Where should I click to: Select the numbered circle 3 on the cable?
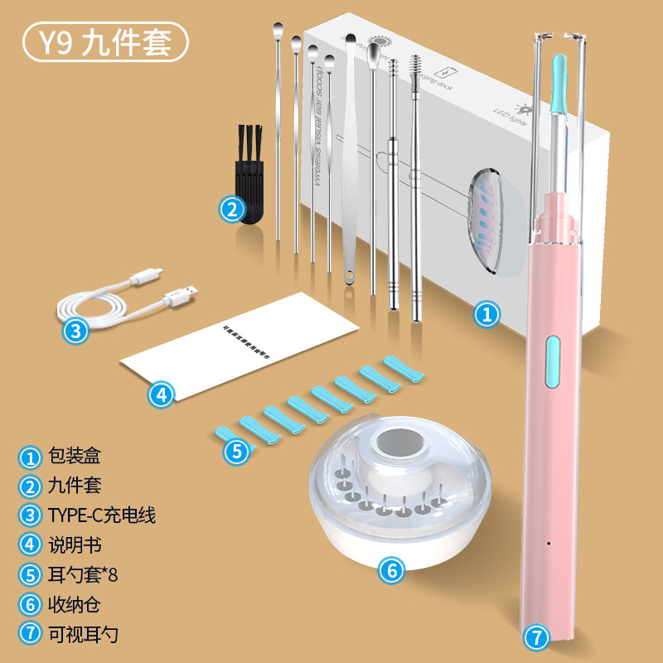[x=75, y=331]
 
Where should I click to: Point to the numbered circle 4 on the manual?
[x=161, y=394]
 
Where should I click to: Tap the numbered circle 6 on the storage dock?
[x=392, y=569]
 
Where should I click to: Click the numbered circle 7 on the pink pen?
[x=537, y=637]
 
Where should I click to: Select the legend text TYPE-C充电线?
[x=101, y=515]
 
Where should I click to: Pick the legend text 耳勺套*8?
[x=85, y=575]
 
